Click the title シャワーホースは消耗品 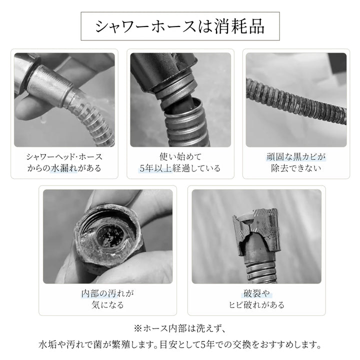[x=180, y=26]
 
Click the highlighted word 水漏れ [x=64, y=168]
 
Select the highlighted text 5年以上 [x=155, y=168]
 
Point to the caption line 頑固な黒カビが [x=296, y=157]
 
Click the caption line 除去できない [x=296, y=168]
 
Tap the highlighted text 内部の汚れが [x=107, y=293]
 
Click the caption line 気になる [x=107, y=304]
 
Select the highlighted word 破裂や [x=256, y=293]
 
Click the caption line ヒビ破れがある [x=256, y=304]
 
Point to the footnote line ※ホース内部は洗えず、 [x=180, y=328]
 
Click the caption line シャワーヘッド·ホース [x=64, y=157]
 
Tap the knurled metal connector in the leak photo [x=49, y=85]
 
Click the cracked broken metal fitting [x=256, y=232]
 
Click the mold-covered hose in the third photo [x=296, y=101]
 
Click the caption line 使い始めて [x=180, y=157]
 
